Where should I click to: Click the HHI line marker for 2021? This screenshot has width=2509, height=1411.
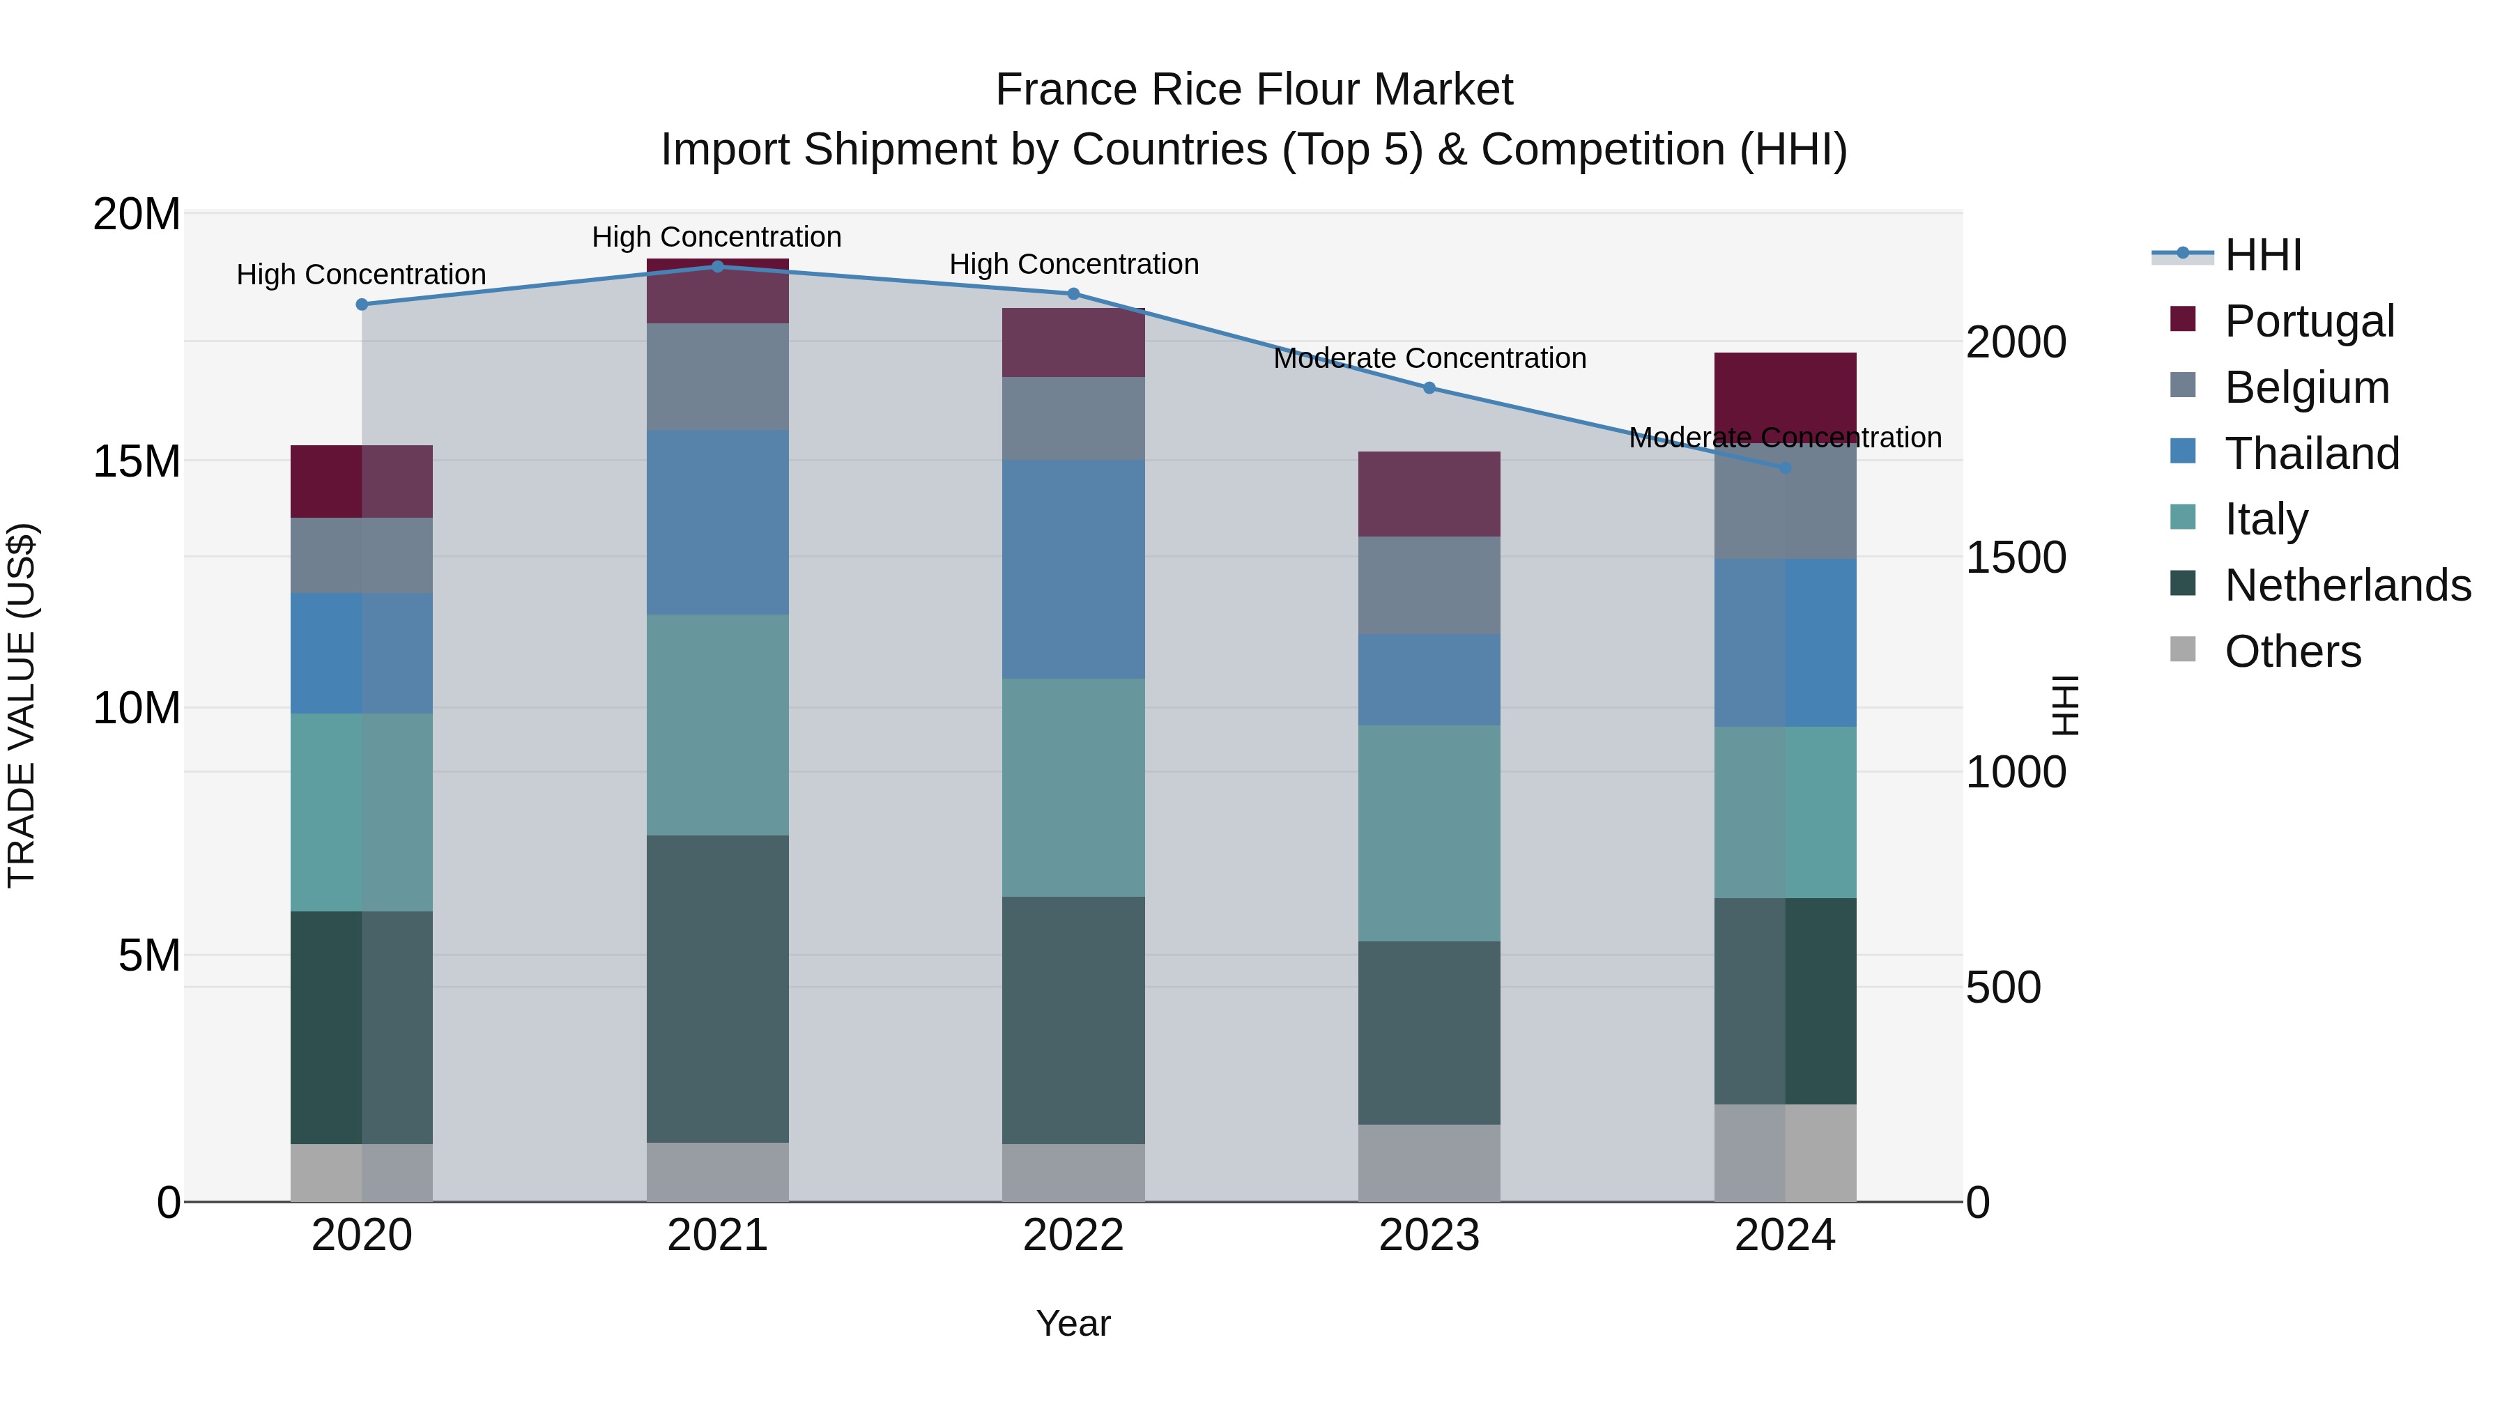(718, 266)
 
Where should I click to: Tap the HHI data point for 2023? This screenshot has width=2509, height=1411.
(1429, 387)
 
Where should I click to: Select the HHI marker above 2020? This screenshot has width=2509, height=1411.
(361, 304)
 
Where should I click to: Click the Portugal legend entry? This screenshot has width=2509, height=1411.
(2308, 321)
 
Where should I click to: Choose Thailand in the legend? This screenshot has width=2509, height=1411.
(2311, 454)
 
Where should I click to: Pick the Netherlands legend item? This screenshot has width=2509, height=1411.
(2347, 585)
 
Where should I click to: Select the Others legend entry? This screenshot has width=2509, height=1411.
(2292, 651)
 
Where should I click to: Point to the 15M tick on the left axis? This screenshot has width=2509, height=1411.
(137, 461)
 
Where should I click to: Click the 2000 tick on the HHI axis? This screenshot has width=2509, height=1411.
(2015, 343)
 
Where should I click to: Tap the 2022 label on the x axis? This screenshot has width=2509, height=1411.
(1073, 1235)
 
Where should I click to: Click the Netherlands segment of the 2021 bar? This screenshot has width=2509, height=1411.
(718, 988)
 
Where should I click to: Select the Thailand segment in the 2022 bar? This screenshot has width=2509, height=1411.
(1073, 570)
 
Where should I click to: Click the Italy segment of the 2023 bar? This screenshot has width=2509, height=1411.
(1429, 833)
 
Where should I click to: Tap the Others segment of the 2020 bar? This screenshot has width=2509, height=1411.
(361, 1173)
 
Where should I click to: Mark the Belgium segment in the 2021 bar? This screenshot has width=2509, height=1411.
(718, 377)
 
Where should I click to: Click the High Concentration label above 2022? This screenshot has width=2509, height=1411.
(1073, 264)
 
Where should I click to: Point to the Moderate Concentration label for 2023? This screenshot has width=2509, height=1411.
(1429, 358)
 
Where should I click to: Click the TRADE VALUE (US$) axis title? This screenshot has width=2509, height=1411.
(22, 705)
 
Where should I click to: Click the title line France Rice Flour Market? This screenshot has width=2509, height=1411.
(1254, 90)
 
